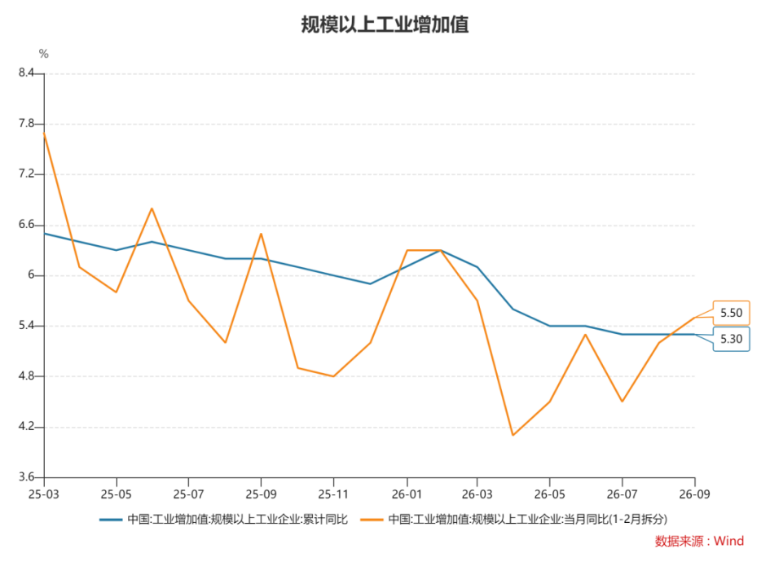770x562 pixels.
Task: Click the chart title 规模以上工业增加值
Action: tap(385, 24)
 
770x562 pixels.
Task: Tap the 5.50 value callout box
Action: tap(731, 313)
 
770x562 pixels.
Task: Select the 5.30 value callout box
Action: tap(731, 339)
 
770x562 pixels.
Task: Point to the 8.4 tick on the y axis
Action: tap(27, 72)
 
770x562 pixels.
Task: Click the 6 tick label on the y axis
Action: tap(32, 274)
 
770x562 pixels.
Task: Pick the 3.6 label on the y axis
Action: tap(27, 476)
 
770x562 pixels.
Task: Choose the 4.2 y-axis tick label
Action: tap(27, 426)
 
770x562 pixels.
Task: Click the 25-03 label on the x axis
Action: tap(44, 494)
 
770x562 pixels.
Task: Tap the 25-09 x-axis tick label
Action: tap(261, 494)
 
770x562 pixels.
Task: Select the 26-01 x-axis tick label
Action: tap(407, 494)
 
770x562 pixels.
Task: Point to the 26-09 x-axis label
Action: tap(694, 494)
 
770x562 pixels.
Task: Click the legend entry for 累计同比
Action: tap(223, 520)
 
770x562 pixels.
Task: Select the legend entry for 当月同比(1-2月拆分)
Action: tap(513, 520)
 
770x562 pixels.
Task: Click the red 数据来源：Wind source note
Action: tap(699, 541)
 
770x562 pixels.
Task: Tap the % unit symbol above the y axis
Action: tap(44, 54)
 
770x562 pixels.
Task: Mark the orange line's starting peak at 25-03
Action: tap(44, 133)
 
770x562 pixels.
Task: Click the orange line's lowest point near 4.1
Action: tap(513, 435)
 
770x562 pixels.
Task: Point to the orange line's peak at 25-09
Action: tap(261, 234)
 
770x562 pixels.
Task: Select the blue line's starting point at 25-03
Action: tap(44, 234)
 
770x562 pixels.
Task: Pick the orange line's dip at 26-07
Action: tap(623, 402)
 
